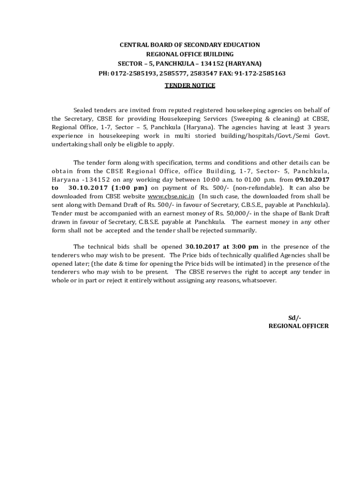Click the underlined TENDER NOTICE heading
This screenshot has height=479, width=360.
pos(190,85)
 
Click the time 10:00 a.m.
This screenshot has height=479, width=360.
pos(213,179)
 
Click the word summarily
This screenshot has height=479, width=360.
pos(242,231)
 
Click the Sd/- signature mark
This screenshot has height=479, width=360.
pos(295,318)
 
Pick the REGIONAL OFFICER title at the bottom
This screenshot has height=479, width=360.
pos(298,326)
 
